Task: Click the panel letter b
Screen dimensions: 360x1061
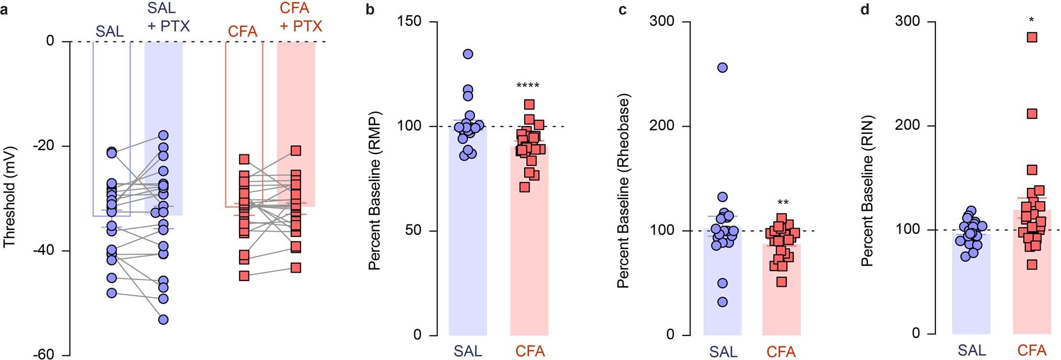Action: click(x=370, y=9)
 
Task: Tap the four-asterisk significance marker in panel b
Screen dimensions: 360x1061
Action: click(x=527, y=86)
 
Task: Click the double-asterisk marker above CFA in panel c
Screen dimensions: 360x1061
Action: click(x=783, y=203)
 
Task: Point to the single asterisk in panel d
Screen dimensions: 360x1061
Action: click(x=1031, y=20)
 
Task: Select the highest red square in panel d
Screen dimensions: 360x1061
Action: click(x=1032, y=37)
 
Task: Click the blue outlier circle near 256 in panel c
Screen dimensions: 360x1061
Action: click(x=723, y=67)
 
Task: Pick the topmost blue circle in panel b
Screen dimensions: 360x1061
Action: click(x=468, y=54)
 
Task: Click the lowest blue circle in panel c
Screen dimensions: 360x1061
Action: click(x=723, y=302)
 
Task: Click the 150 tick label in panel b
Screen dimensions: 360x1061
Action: click(x=410, y=21)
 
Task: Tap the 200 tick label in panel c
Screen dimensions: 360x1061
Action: click(x=662, y=126)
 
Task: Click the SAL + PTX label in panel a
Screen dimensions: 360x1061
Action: click(x=168, y=17)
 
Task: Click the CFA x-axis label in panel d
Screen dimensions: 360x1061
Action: click(x=1032, y=350)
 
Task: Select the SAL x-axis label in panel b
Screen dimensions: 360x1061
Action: click(x=468, y=351)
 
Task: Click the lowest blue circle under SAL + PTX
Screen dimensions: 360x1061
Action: click(x=163, y=320)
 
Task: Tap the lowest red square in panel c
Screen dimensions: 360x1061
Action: click(x=782, y=282)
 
